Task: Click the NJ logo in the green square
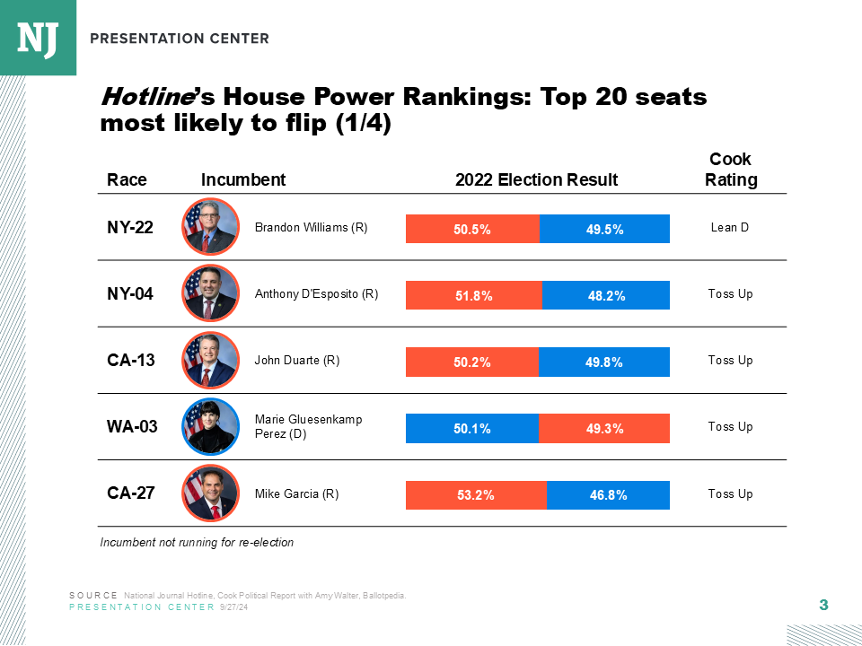[x=38, y=37]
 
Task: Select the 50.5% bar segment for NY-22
[x=472, y=229]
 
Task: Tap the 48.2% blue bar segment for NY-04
[x=606, y=295]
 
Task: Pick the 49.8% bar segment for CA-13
[x=604, y=362]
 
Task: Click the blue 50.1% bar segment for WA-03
[x=472, y=429]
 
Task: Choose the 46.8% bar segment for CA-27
[x=608, y=494]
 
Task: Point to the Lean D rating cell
[x=729, y=228]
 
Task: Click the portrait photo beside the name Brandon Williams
[x=210, y=227]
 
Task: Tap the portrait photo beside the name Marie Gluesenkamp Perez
[x=210, y=426]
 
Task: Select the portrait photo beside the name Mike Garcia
[x=210, y=493]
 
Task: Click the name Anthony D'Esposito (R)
[x=316, y=294]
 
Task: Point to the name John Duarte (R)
[x=296, y=361]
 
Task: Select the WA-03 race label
[x=132, y=427]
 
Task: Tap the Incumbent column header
[x=243, y=179]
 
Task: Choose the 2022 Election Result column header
[x=536, y=179]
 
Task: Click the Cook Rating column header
[x=730, y=170]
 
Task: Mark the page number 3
[x=823, y=606]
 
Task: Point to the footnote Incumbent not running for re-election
[x=197, y=543]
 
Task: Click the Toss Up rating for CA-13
[x=730, y=361]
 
